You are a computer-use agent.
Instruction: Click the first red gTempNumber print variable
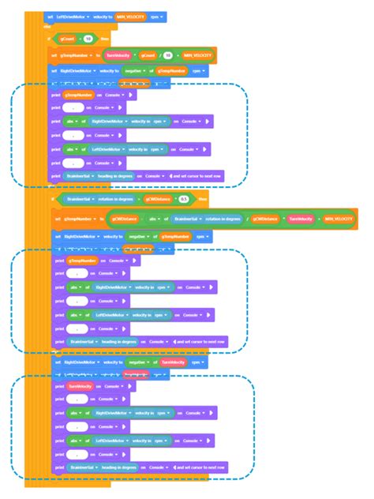pos(78,95)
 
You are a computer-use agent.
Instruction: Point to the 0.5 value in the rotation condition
pos(183,200)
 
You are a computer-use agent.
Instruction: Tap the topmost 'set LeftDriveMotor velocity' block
pos(71,16)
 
